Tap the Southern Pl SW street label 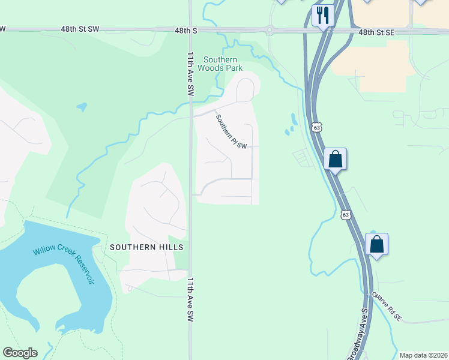[232, 132]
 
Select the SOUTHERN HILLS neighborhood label [146, 247]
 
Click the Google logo [20, 353]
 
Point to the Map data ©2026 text [423, 355]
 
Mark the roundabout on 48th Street [270, 30]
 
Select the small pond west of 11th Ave [81, 107]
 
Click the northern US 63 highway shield [317, 127]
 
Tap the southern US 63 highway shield [346, 214]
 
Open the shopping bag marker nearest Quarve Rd [376, 244]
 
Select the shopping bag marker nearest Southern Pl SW [335, 160]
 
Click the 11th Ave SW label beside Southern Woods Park [190, 74]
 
